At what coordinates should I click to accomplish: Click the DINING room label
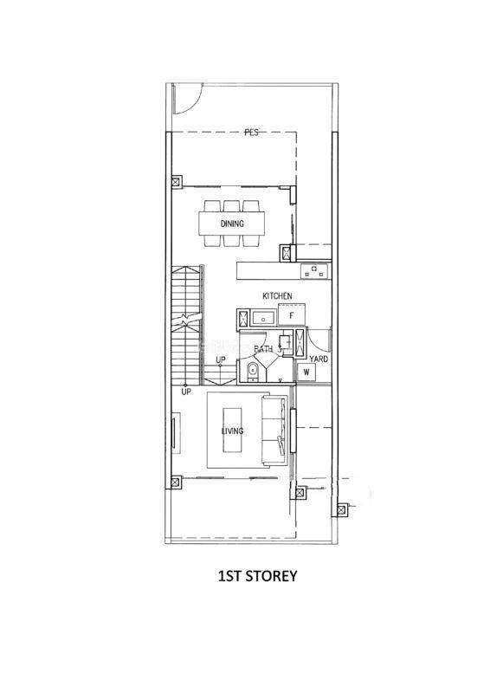pyautogui.click(x=232, y=223)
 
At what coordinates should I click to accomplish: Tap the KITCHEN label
pyautogui.click(x=277, y=295)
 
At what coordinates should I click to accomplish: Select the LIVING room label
pyautogui.click(x=232, y=431)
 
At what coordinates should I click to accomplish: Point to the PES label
pyautogui.click(x=251, y=133)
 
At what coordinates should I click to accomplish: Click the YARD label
pyautogui.click(x=319, y=359)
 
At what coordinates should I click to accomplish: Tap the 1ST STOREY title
pyautogui.click(x=258, y=576)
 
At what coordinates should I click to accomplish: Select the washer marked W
pyautogui.click(x=306, y=372)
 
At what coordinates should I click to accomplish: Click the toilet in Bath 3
pyautogui.click(x=252, y=371)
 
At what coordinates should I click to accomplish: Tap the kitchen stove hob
pyautogui.click(x=314, y=270)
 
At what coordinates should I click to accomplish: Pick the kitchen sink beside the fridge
pyautogui.click(x=264, y=317)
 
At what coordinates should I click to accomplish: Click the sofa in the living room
pyautogui.click(x=274, y=430)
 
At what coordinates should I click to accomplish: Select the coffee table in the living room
pyautogui.click(x=232, y=430)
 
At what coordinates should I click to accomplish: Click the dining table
pyautogui.click(x=232, y=223)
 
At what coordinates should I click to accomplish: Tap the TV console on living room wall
pyautogui.click(x=176, y=432)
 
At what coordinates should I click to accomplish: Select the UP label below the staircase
pyautogui.click(x=186, y=392)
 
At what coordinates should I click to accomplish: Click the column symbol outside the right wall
pyautogui.click(x=341, y=509)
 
